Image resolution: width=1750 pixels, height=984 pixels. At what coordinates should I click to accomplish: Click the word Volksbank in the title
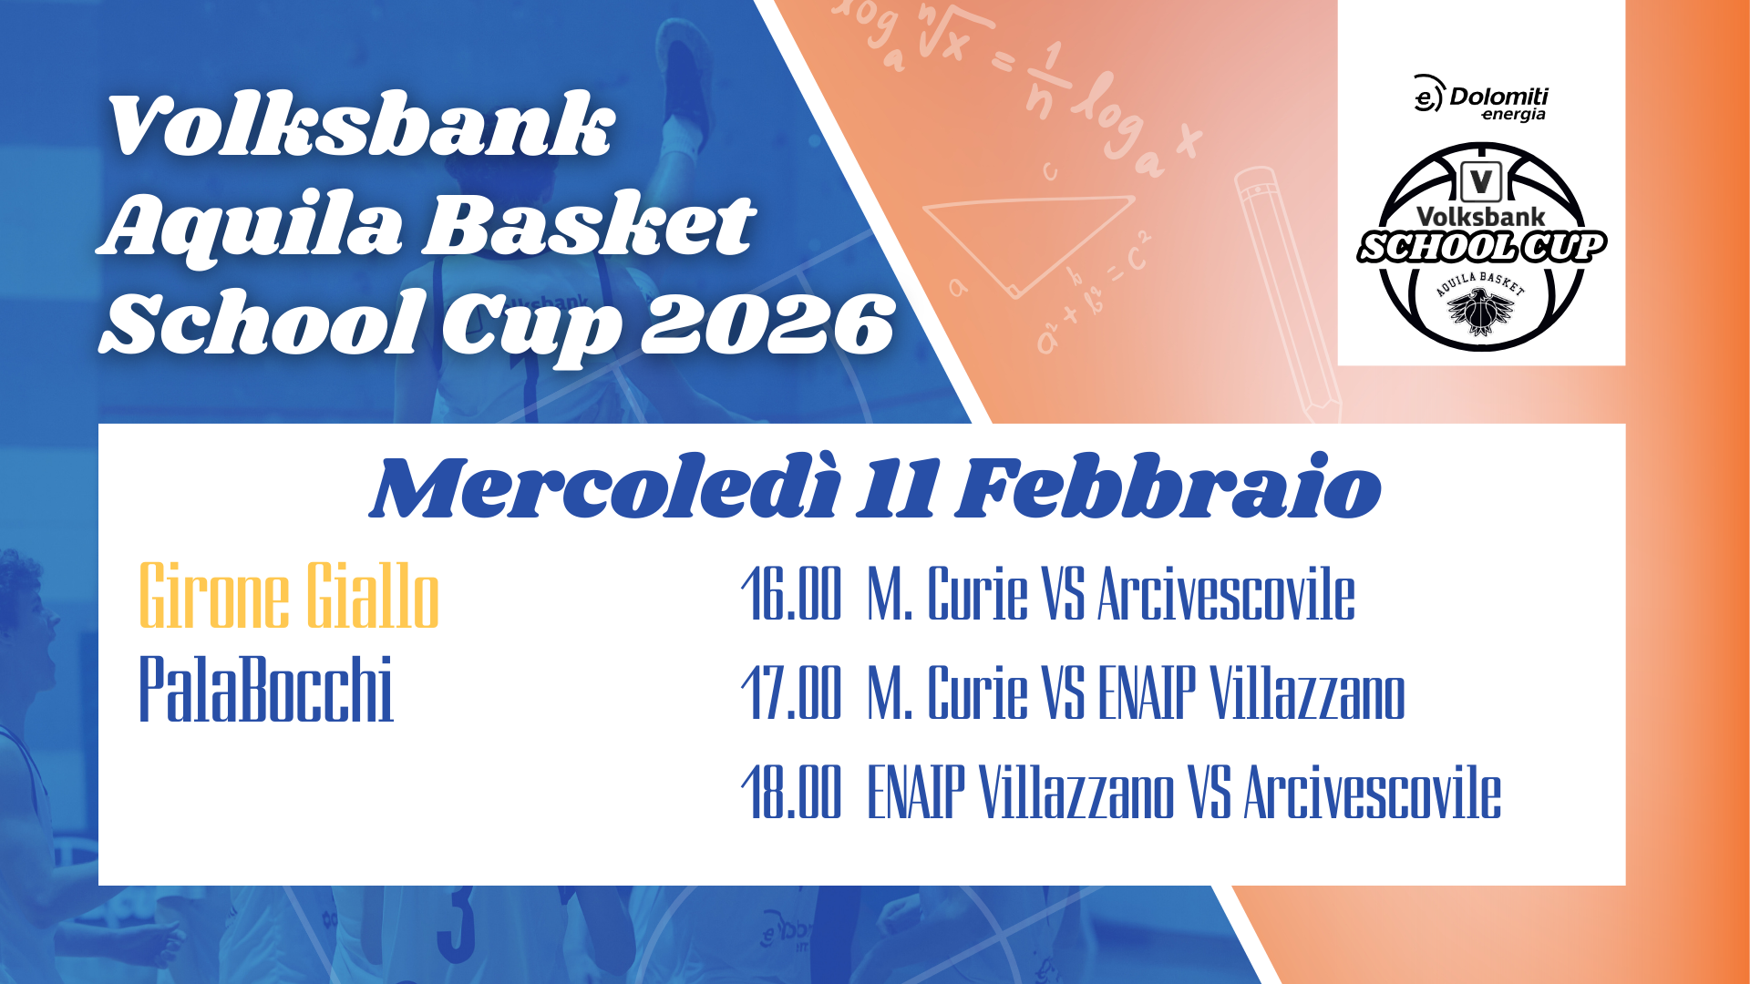(x=361, y=125)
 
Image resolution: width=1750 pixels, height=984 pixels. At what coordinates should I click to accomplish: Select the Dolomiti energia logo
(x=1480, y=97)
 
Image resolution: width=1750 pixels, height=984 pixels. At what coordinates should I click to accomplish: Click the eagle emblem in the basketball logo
(x=1480, y=312)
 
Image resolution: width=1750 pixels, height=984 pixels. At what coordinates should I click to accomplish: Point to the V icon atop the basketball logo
(x=1481, y=181)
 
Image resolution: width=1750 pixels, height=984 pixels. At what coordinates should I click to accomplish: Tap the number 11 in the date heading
(x=899, y=490)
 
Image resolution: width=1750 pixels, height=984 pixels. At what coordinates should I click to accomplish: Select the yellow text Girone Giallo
(x=289, y=596)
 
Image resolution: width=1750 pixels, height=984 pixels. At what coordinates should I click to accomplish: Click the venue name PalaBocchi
(x=266, y=689)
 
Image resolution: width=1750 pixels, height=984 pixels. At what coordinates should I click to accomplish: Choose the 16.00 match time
(x=791, y=593)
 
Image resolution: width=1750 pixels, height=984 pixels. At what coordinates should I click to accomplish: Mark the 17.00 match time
(x=791, y=692)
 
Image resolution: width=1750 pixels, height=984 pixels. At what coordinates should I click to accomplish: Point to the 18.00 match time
(x=791, y=792)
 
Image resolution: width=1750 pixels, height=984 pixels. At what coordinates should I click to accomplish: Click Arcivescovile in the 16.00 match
(x=1226, y=593)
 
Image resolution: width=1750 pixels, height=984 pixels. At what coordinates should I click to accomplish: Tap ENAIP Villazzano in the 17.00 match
(x=1251, y=692)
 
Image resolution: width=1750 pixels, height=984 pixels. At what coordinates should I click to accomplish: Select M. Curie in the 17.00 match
(x=948, y=692)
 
